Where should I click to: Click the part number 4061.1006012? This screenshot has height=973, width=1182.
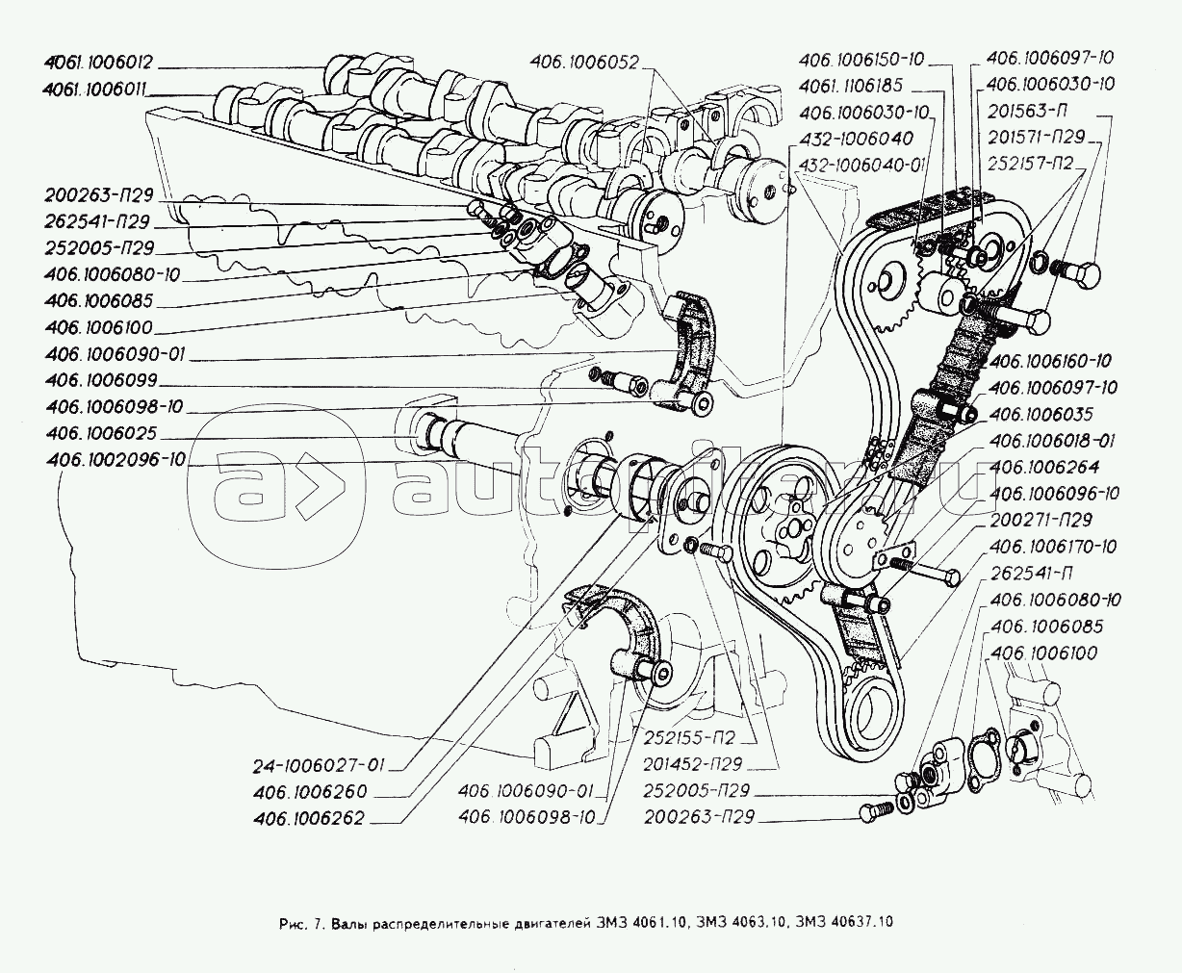click(98, 64)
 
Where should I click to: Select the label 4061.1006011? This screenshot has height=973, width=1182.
click(98, 89)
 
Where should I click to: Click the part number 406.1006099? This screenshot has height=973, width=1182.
click(101, 380)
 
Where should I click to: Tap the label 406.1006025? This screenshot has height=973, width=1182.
click(101, 434)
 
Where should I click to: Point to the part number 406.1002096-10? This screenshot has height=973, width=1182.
click(115, 460)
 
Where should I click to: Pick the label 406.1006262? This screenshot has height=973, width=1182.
click(311, 819)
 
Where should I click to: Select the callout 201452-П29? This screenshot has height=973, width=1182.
click(687, 766)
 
